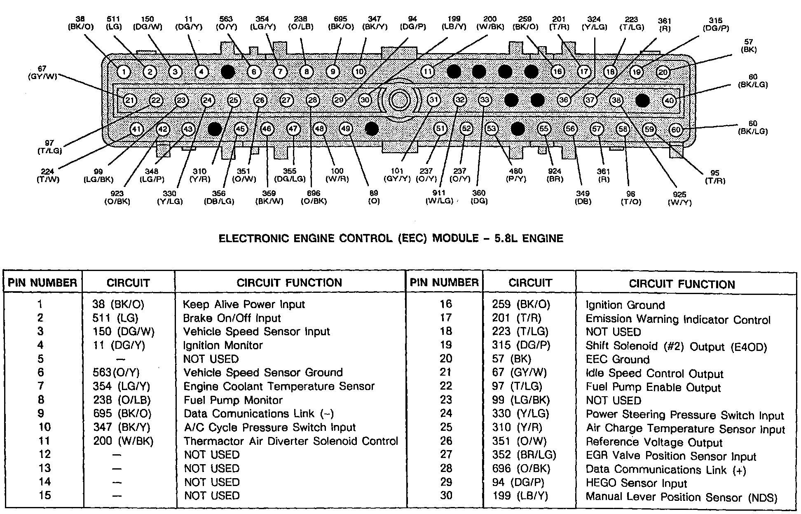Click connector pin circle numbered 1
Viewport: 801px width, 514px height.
(x=124, y=72)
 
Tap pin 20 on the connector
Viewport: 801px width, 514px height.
(x=663, y=72)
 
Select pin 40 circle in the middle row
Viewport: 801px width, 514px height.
(x=669, y=100)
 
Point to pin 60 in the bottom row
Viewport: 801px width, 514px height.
(x=676, y=130)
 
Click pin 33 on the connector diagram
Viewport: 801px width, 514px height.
(x=485, y=100)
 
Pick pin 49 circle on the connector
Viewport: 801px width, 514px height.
(x=346, y=129)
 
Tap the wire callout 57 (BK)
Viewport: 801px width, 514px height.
(x=748, y=46)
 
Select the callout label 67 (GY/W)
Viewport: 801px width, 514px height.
(x=42, y=72)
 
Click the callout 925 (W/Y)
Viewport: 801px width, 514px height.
(x=679, y=198)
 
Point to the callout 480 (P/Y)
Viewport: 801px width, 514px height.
(x=515, y=175)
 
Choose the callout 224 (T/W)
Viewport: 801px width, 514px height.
(x=48, y=176)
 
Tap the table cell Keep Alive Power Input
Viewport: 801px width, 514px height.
(x=244, y=304)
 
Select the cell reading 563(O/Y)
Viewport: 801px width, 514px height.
(x=116, y=373)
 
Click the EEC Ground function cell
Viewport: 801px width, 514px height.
(x=617, y=360)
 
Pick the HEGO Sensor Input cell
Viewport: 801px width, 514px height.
(x=636, y=484)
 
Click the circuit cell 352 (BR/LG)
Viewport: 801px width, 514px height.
(x=524, y=455)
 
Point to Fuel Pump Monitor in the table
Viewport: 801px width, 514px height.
(x=233, y=400)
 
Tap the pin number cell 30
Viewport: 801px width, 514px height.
(x=446, y=495)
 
